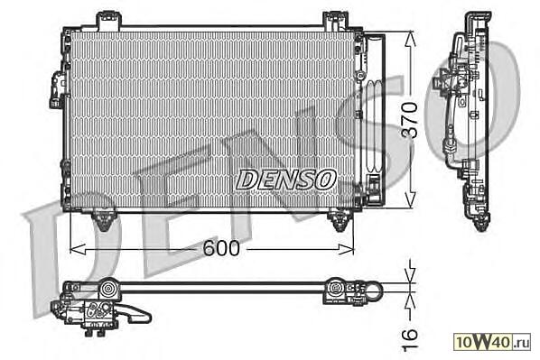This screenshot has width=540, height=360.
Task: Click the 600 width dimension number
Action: pos(220,248)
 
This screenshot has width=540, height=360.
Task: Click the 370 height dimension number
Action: pos(410,120)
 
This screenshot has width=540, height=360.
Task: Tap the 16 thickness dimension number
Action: pos(410,339)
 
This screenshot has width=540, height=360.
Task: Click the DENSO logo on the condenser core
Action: pos(286,180)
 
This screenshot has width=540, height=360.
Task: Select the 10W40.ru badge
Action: pos(492,342)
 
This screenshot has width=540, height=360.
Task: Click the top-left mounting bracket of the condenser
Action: pos(109,21)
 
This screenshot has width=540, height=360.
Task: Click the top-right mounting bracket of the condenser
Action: pos(336,21)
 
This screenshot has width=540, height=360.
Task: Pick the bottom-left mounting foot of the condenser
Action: pos(103,220)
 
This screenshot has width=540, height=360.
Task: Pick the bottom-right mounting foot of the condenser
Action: pos(340,220)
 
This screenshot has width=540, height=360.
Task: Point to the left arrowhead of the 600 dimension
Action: pos(78,249)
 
